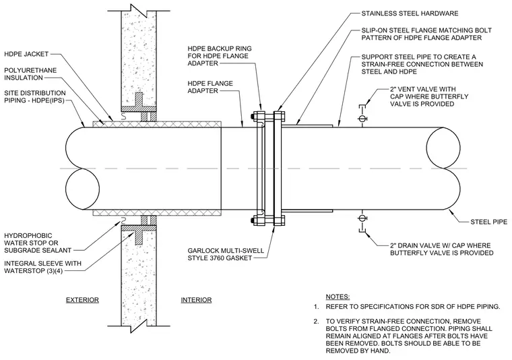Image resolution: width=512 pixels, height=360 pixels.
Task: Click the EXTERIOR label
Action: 82,300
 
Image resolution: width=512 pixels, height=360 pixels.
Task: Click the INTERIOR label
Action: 196,300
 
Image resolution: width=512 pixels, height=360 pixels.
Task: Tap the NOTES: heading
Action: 338,297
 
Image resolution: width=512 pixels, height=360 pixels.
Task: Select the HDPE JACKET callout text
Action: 26,54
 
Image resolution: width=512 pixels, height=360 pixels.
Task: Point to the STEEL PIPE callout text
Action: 489,222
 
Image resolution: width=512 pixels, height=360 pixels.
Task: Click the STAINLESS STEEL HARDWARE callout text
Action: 410,13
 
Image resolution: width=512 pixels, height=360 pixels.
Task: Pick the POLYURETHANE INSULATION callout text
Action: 30,74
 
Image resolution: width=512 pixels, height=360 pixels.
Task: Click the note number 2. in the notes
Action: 316,322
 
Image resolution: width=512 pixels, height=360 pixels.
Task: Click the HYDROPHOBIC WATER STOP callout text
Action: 38,243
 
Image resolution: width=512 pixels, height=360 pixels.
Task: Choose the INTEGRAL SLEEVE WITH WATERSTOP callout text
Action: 42,267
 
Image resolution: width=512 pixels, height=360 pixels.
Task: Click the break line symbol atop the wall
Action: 139,11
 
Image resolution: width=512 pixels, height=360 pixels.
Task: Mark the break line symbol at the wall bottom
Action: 139,326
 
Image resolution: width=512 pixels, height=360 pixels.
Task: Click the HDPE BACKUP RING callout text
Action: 220,56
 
